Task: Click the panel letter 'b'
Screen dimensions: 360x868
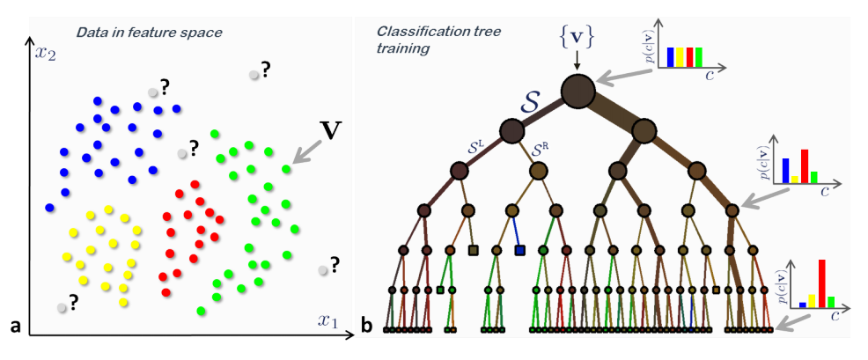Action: click(365, 327)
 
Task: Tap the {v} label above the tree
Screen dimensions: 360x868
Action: click(576, 37)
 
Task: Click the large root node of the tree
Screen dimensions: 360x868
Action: click(577, 90)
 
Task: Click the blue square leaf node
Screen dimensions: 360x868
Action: click(519, 251)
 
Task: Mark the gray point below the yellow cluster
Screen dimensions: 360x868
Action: click(61, 307)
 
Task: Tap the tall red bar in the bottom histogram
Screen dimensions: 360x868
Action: click(820, 283)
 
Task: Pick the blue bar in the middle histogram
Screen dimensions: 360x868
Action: click(785, 164)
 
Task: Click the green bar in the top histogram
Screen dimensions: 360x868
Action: click(698, 56)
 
